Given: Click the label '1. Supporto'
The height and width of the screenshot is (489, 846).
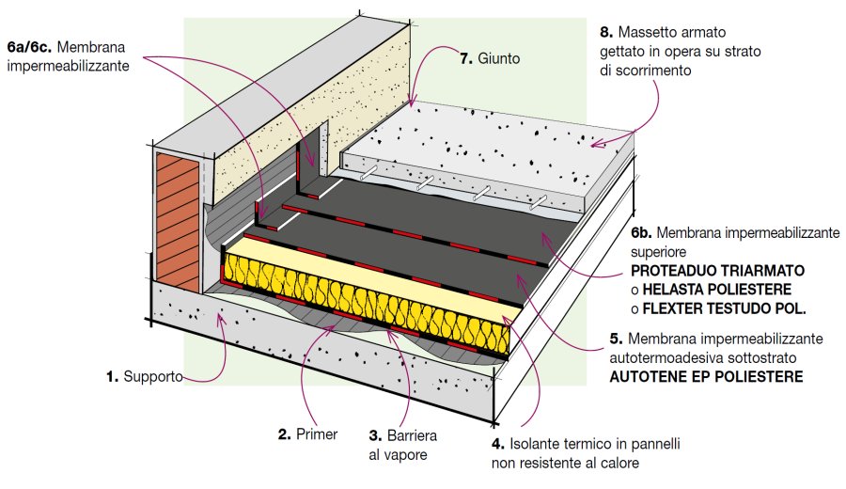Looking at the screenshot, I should [145, 378].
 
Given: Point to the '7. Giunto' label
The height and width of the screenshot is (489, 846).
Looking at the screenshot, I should [489, 58].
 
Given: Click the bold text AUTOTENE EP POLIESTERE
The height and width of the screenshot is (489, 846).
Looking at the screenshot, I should [706, 376].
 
